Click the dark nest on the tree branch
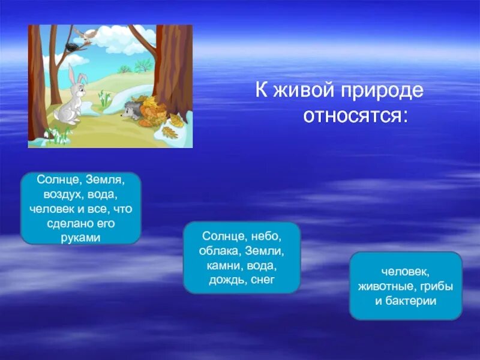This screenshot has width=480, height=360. tap(71, 46)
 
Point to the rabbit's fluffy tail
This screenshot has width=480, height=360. tap(56, 115)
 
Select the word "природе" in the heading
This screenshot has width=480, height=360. tap(383, 91)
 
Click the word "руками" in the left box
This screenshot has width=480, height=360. tap(80, 237)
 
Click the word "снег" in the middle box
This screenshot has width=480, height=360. tap(262, 280)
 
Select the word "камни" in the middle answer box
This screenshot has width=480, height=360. tap(224, 266)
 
